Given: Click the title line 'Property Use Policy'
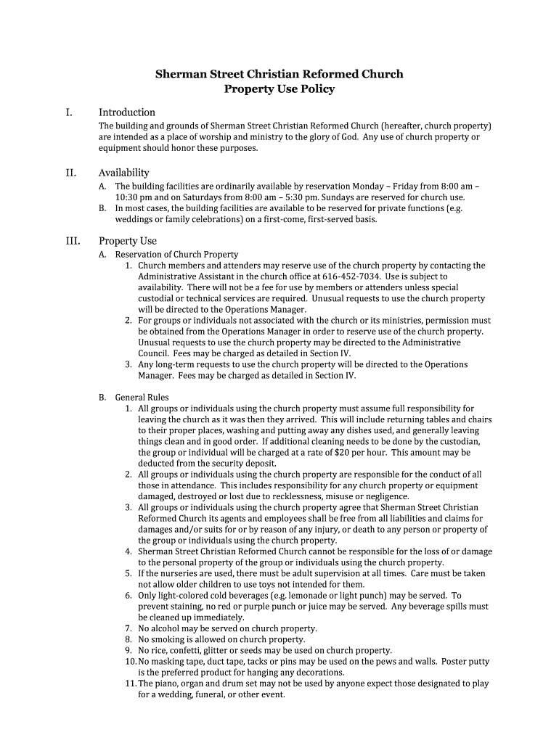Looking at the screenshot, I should coord(279,89).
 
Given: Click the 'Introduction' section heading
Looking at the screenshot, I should coord(127,112).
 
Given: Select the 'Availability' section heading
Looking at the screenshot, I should coord(124,173).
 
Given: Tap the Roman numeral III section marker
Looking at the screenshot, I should coord(72,241).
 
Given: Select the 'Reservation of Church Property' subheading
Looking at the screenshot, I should coord(176,255).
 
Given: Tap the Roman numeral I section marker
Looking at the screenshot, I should coord(69,112).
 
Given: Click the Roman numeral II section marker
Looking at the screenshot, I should coord(70,173).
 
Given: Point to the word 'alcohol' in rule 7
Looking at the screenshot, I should coord(166,628).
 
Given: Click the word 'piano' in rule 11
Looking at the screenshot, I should coord(168,684).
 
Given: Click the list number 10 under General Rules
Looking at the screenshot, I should coord(130,662).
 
